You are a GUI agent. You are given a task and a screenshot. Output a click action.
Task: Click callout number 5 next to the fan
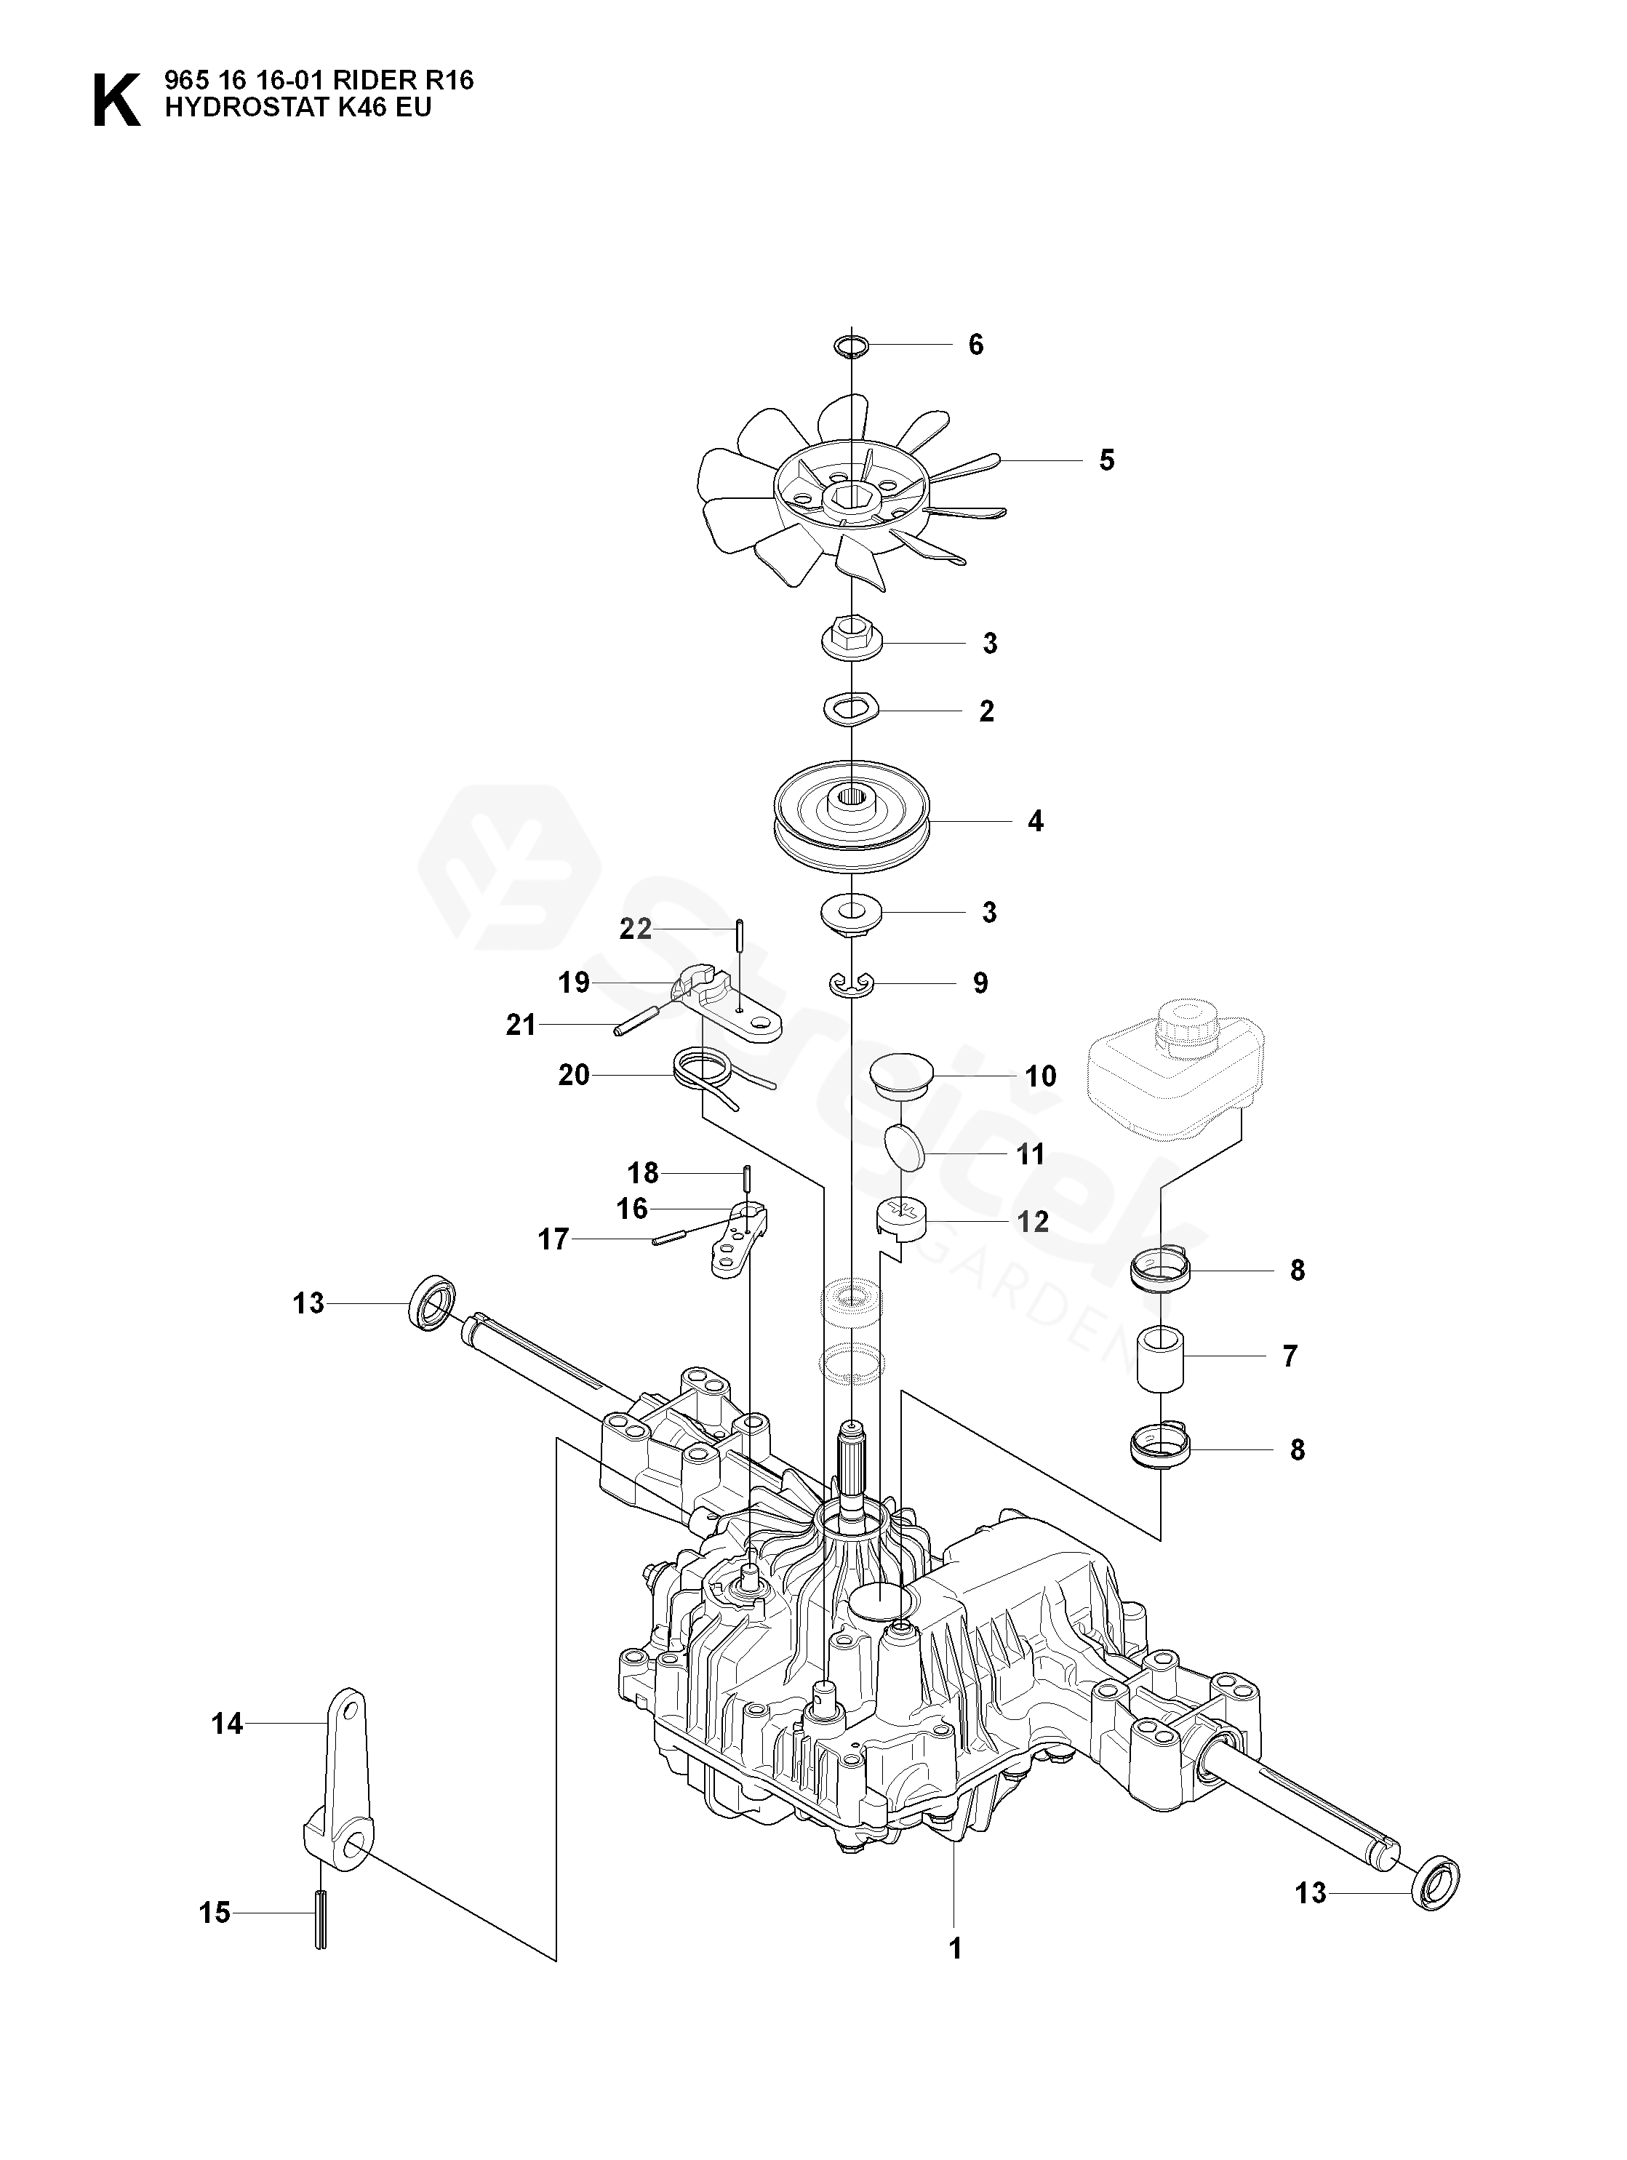click(x=1106, y=460)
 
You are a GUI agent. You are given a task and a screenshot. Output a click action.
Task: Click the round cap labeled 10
click(x=901, y=1075)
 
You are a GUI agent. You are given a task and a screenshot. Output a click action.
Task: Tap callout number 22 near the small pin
click(x=636, y=929)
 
